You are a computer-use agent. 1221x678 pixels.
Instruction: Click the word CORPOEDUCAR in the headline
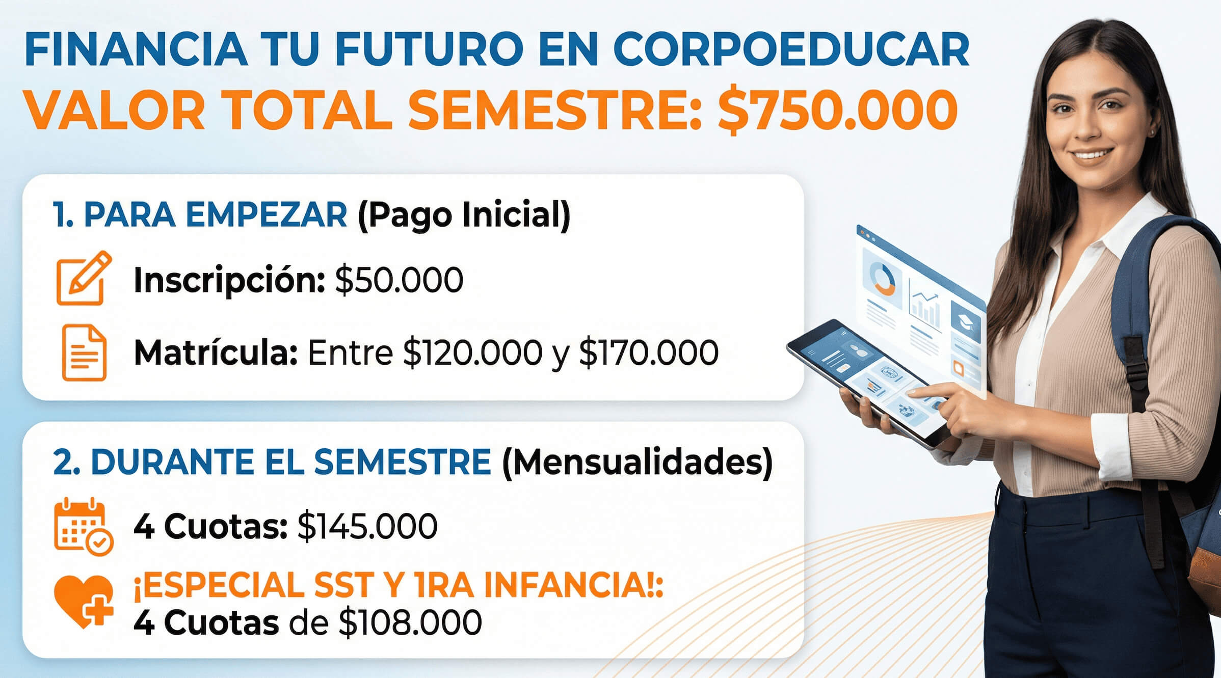pyautogui.click(x=791, y=49)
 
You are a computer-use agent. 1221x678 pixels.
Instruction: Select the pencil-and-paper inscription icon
pyautogui.click(x=83, y=279)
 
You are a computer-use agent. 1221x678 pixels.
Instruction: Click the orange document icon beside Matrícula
pyautogui.click(x=84, y=352)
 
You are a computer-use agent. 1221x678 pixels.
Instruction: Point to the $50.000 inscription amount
pyautogui.click(x=399, y=280)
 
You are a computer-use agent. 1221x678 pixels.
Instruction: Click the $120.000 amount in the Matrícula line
pyautogui.click(x=472, y=352)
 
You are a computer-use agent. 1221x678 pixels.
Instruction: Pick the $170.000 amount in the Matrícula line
pyautogui.click(x=649, y=352)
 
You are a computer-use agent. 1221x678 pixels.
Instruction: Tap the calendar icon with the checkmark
pyautogui.click(x=83, y=526)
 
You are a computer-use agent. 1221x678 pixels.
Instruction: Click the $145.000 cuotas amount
pyautogui.click(x=367, y=526)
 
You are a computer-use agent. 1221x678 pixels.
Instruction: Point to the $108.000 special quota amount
pyautogui.click(x=410, y=622)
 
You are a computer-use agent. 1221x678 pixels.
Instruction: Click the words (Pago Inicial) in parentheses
pyautogui.click(x=464, y=215)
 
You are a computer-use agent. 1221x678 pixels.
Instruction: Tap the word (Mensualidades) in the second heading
pyautogui.click(x=637, y=463)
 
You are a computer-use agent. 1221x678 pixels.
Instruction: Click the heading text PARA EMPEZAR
pyautogui.click(x=215, y=215)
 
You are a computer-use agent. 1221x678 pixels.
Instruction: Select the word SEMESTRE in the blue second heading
pyautogui.click(x=402, y=463)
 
